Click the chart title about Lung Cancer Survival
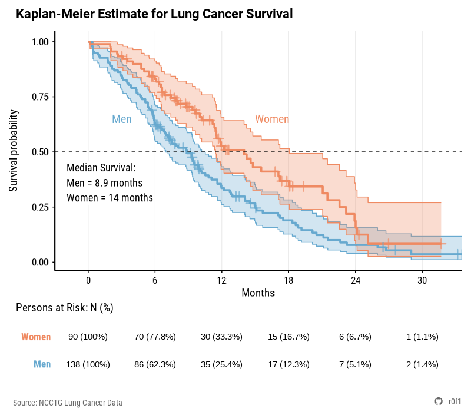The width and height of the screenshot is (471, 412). (154, 14)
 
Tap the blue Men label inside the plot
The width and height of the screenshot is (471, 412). (121, 119)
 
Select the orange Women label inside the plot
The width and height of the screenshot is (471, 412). (272, 119)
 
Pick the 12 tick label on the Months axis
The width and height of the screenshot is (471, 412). (221, 281)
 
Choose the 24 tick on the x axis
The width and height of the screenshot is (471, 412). (356, 281)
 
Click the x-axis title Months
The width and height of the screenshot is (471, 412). (258, 293)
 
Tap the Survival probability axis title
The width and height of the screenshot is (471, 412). (14, 151)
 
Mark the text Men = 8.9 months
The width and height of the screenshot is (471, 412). (104, 183)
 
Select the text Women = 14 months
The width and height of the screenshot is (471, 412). (110, 198)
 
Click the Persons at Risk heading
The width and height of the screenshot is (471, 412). (64, 308)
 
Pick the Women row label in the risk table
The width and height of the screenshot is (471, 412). (36, 337)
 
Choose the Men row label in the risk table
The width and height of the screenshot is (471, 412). (42, 364)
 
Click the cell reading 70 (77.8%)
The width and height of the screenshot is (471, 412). (155, 337)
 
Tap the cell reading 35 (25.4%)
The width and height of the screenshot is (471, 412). (221, 364)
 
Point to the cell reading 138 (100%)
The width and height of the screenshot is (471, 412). (88, 364)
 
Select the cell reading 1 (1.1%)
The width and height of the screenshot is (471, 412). (422, 337)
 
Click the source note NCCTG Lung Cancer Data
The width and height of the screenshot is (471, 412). (68, 403)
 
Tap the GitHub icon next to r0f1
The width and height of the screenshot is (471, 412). (438, 401)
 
